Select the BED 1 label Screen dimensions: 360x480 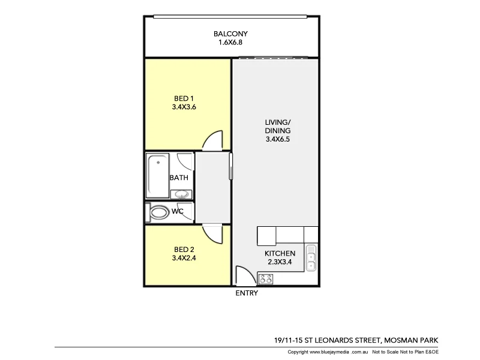click(x=184, y=99)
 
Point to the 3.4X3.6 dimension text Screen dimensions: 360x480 click(x=184, y=108)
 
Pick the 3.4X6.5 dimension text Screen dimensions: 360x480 click(x=277, y=140)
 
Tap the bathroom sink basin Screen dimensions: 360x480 click(x=181, y=194)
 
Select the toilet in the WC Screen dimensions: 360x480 click(x=159, y=212)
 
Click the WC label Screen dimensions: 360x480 click(x=178, y=212)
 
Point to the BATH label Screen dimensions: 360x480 click(x=179, y=178)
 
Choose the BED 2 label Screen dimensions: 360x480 click(x=184, y=250)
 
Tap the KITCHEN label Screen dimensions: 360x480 click(x=280, y=253)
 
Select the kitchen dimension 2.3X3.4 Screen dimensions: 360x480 click(x=280, y=262)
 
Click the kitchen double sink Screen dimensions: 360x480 click(x=311, y=259)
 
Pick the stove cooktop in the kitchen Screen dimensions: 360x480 click(x=266, y=278)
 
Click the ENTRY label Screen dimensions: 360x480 click(x=247, y=293)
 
